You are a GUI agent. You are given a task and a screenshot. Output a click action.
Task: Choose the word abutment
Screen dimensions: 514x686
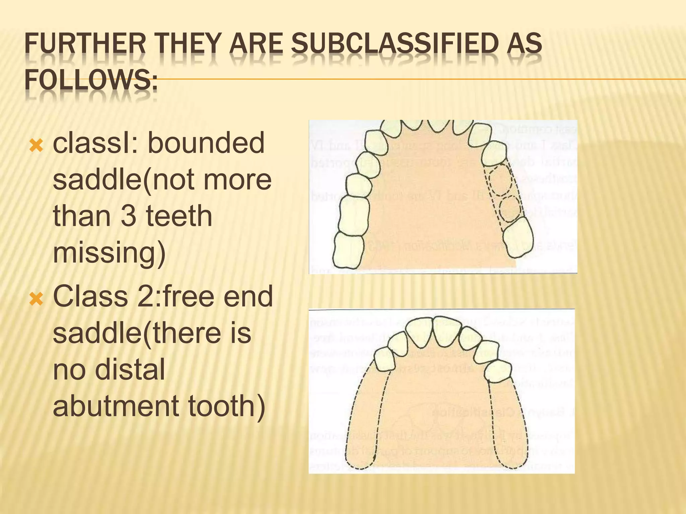(116, 406)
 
